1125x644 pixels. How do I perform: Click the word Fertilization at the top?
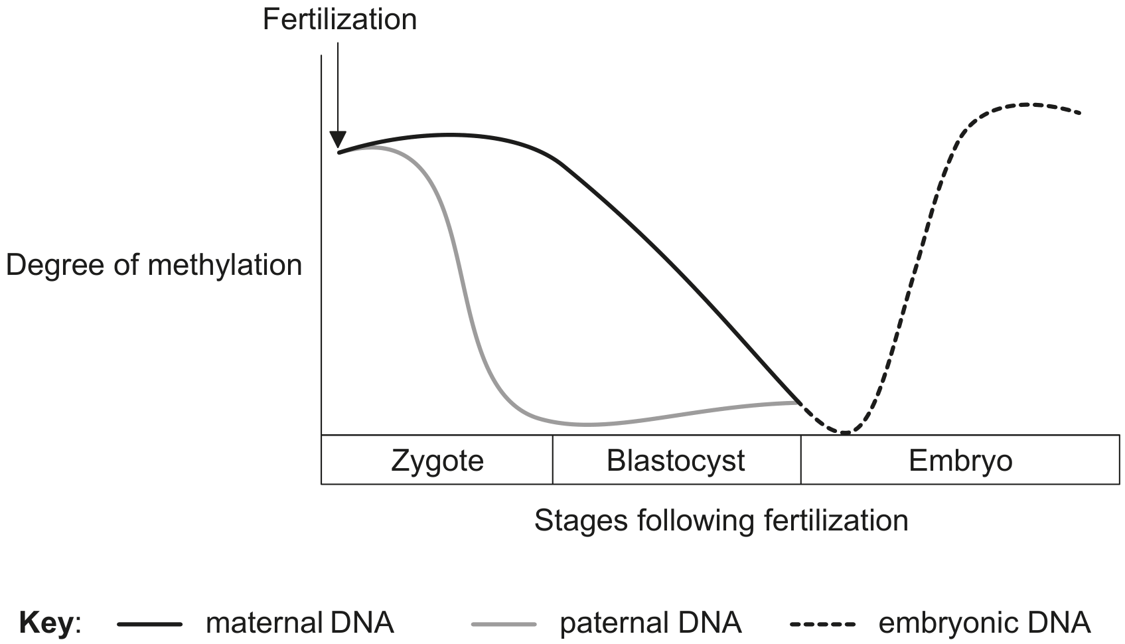tap(340, 20)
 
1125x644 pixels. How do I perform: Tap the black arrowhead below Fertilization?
tap(338, 139)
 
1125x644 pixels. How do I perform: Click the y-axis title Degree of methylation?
tap(154, 265)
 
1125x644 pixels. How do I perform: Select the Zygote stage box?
tap(437, 459)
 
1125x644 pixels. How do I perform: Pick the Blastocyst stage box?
tap(676, 459)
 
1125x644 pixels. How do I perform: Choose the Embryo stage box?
tap(960, 459)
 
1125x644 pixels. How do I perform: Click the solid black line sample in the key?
tap(149, 624)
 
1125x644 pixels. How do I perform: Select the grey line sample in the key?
tap(504, 624)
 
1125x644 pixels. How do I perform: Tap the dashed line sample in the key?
tap(822, 624)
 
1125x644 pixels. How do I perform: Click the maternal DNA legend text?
tap(300, 623)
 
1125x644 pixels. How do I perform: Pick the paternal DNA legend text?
tap(651, 623)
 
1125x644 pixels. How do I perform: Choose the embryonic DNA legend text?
tap(984, 623)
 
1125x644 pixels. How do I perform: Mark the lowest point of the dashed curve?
tap(846, 432)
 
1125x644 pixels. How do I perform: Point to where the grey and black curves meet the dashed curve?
tap(800, 402)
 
